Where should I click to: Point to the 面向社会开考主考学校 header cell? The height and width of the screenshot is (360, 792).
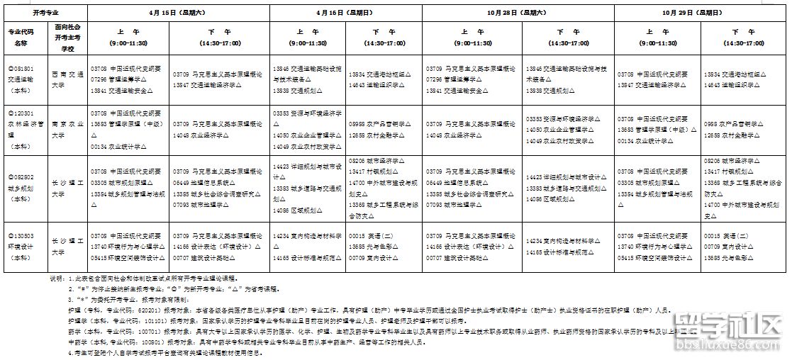click(x=69, y=38)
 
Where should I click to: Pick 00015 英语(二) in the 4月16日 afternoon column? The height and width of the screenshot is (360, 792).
click(x=369, y=236)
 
